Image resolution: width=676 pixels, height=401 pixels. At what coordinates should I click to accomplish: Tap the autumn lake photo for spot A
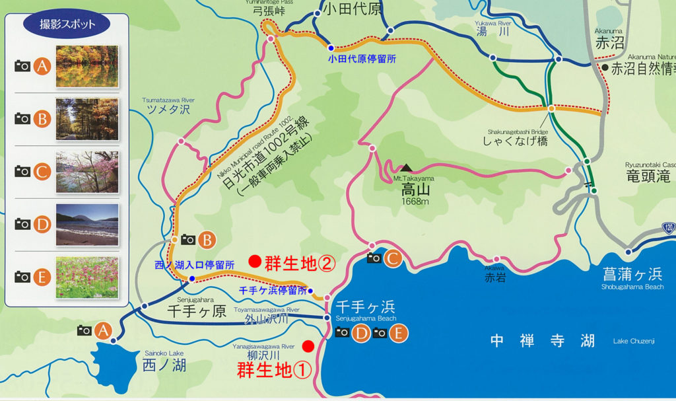pyautogui.click(x=87, y=66)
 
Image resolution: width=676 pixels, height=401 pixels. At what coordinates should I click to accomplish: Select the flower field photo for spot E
pyautogui.click(x=87, y=277)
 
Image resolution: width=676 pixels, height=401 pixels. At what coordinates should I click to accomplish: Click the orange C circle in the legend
pyautogui.click(x=42, y=172)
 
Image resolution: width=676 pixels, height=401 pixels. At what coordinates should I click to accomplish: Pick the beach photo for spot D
pyautogui.click(x=87, y=225)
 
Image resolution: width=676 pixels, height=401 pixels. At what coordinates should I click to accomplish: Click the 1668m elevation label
pyautogui.click(x=411, y=201)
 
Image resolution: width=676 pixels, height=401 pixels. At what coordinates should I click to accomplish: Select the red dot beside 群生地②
pyautogui.click(x=253, y=262)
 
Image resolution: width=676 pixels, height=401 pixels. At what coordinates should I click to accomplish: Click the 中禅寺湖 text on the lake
pyautogui.click(x=543, y=341)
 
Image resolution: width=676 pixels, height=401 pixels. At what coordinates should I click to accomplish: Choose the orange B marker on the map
pyautogui.click(x=207, y=239)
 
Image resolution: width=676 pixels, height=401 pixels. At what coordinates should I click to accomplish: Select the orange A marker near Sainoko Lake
pyautogui.click(x=102, y=330)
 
